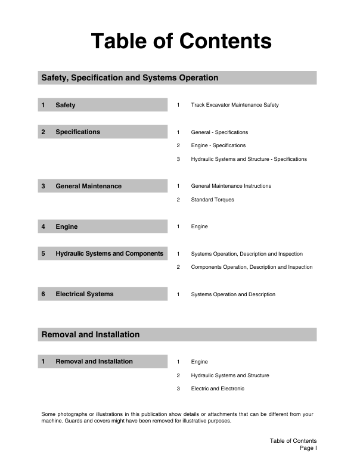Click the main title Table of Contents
[x=181, y=41]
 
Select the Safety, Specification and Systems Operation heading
[x=129, y=78]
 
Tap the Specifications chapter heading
[x=77, y=132]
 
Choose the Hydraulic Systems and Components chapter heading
[x=109, y=254]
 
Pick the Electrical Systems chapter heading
[x=84, y=294]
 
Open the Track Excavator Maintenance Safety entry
[x=234, y=105]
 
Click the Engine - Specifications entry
[x=218, y=145]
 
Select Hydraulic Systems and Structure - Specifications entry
[x=249, y=159]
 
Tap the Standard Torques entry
[x=212, y=200]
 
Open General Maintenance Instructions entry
[x=231, y=186]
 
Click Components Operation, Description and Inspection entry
[x=252, y=267]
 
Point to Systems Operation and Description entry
[x=233, y=294]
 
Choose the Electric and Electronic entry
[x=218, y=389]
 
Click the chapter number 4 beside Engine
[x=43, y=227]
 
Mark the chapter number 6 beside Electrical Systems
[x=43, y=294]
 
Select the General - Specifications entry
[x=219, y=132]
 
